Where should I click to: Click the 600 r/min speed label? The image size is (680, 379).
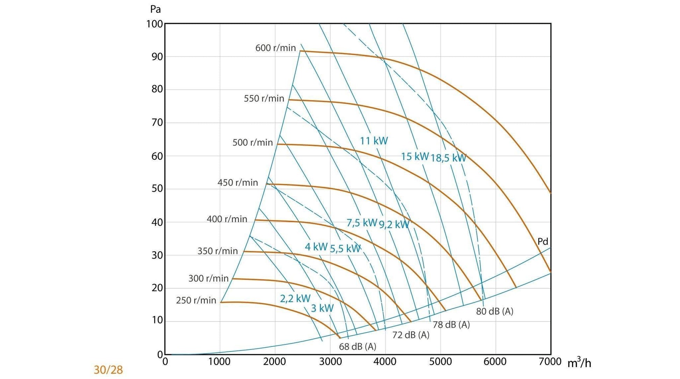coord(275,48)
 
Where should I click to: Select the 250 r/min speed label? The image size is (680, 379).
coord(196,300)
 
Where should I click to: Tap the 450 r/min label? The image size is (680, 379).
coord(238,183)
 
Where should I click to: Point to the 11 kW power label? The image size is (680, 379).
coord(374,141)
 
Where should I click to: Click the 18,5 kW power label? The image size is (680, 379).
coord(448,158)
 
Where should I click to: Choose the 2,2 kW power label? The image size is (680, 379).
coord(295,298)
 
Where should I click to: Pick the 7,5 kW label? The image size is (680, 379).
coord(362,223)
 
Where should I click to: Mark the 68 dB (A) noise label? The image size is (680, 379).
coord(357,347)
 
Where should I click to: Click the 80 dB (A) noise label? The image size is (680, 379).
coord(494,311)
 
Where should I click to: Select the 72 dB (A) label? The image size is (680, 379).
coord(411,335)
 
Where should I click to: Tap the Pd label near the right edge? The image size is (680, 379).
coord(542,241)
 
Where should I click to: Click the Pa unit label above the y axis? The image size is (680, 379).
coord(155,9)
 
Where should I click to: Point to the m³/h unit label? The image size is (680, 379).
coord(579,363)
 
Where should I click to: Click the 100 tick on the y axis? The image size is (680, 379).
coord(154,24)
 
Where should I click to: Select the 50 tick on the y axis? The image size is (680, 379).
coord(157,188)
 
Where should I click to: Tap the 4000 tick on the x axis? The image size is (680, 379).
coord(385,362)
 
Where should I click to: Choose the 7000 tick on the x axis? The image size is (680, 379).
coord(550,362)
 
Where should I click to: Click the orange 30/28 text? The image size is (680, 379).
coord(108,370)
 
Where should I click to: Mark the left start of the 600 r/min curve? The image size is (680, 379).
coord(301,51)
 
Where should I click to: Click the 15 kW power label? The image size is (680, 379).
coord(414,156)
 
